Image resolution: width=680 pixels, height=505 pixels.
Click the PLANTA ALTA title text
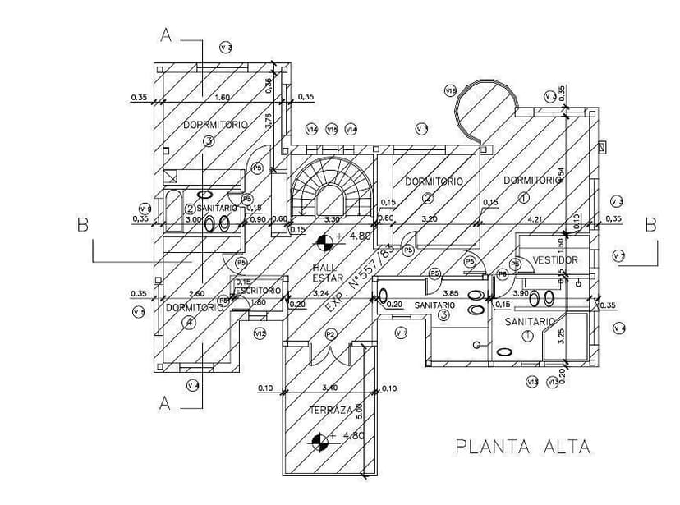coord(523,447)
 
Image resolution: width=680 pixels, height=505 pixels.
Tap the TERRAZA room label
coord(331,410)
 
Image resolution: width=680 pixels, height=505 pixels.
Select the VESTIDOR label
coord(555,260)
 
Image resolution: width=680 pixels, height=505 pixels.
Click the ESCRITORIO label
coord(259,291)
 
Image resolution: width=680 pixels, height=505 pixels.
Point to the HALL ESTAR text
coord(327,273)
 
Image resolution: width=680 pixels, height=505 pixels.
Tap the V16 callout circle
coord(450,91)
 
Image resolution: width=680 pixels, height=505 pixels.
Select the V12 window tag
coord(260,333)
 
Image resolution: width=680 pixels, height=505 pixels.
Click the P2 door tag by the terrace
coord(330,334)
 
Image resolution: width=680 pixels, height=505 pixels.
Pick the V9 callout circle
coord(145,208)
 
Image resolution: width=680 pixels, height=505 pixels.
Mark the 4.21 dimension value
coord(535,219)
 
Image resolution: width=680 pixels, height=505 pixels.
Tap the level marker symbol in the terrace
coord(321,443)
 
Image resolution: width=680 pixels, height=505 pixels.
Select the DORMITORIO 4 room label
coord(195,310)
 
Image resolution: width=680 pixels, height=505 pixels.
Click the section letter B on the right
coord(650,225)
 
